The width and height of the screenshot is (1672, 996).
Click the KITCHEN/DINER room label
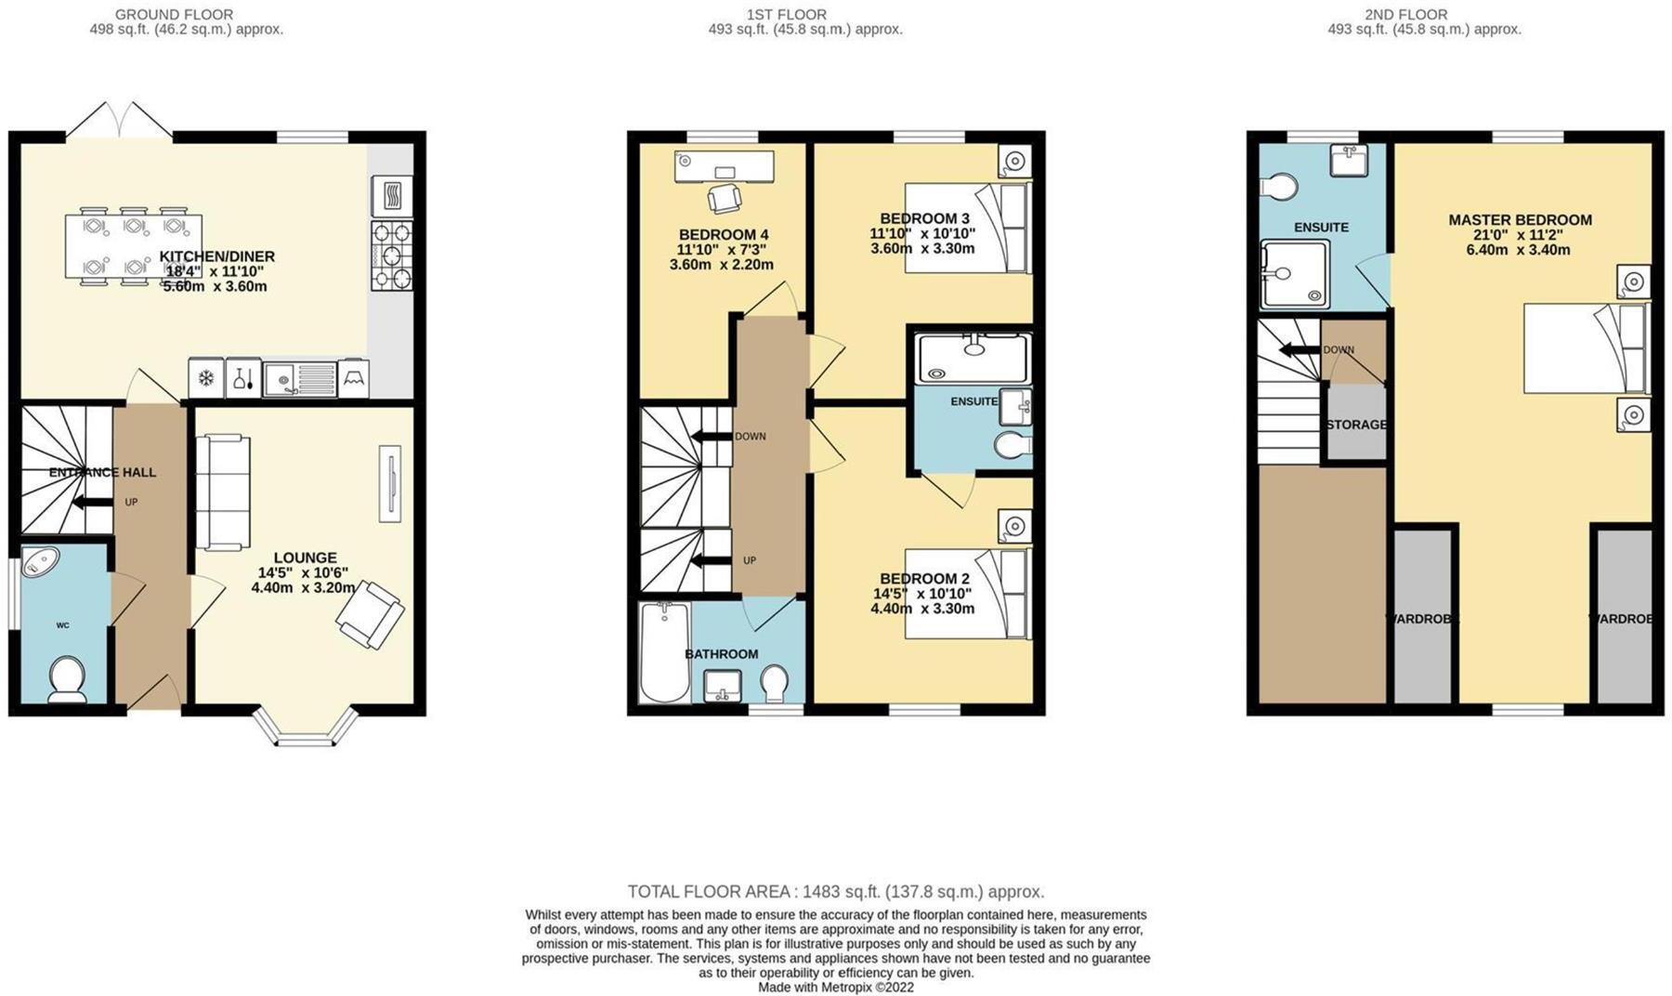coord(216,256)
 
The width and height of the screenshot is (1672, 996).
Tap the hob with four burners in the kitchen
coord(391,256)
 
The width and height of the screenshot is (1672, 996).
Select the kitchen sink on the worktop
coord(298,378)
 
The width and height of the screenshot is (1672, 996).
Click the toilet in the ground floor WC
coord(67,679)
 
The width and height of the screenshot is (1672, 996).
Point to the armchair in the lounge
coord(370,613)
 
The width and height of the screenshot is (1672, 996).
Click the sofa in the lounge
coord(223,491)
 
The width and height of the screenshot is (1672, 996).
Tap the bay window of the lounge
coord(306,729)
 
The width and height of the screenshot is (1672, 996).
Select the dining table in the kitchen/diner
coord(133,246)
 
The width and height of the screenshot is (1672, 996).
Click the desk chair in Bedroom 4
coord(724,198)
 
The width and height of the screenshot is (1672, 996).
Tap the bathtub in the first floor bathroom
coord(664,652)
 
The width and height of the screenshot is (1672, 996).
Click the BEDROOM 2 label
coord(924,579)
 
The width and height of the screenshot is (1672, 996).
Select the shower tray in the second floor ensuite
coord(1294,274)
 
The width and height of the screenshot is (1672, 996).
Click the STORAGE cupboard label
coord(1356,425)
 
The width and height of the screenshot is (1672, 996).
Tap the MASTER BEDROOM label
coord(1520,220)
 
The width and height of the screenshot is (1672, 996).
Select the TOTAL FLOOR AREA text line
coord(836,892)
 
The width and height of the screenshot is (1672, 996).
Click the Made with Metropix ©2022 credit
coord(836,987)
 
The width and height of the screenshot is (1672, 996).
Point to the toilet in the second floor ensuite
coord(1278,187)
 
